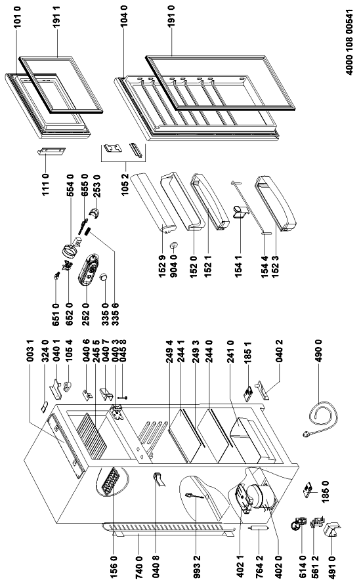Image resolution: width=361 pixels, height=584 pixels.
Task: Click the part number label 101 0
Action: coord(17,17)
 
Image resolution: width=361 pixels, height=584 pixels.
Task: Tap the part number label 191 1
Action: coord(56,18)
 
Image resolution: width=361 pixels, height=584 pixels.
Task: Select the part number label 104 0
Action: coord(124,15)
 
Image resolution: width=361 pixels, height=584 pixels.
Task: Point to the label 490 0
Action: coord(319,351)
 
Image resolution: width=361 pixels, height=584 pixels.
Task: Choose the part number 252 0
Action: coord(86,314)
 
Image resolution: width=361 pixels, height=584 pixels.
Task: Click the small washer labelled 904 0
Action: coord(173,245)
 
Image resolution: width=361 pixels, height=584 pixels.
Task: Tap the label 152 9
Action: coord(162,265)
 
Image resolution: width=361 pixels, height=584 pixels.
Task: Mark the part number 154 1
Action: coord(239,264)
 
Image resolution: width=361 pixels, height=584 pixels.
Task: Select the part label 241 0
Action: coord(230,351)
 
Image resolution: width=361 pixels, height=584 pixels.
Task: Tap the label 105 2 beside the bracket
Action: coord(125,185)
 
